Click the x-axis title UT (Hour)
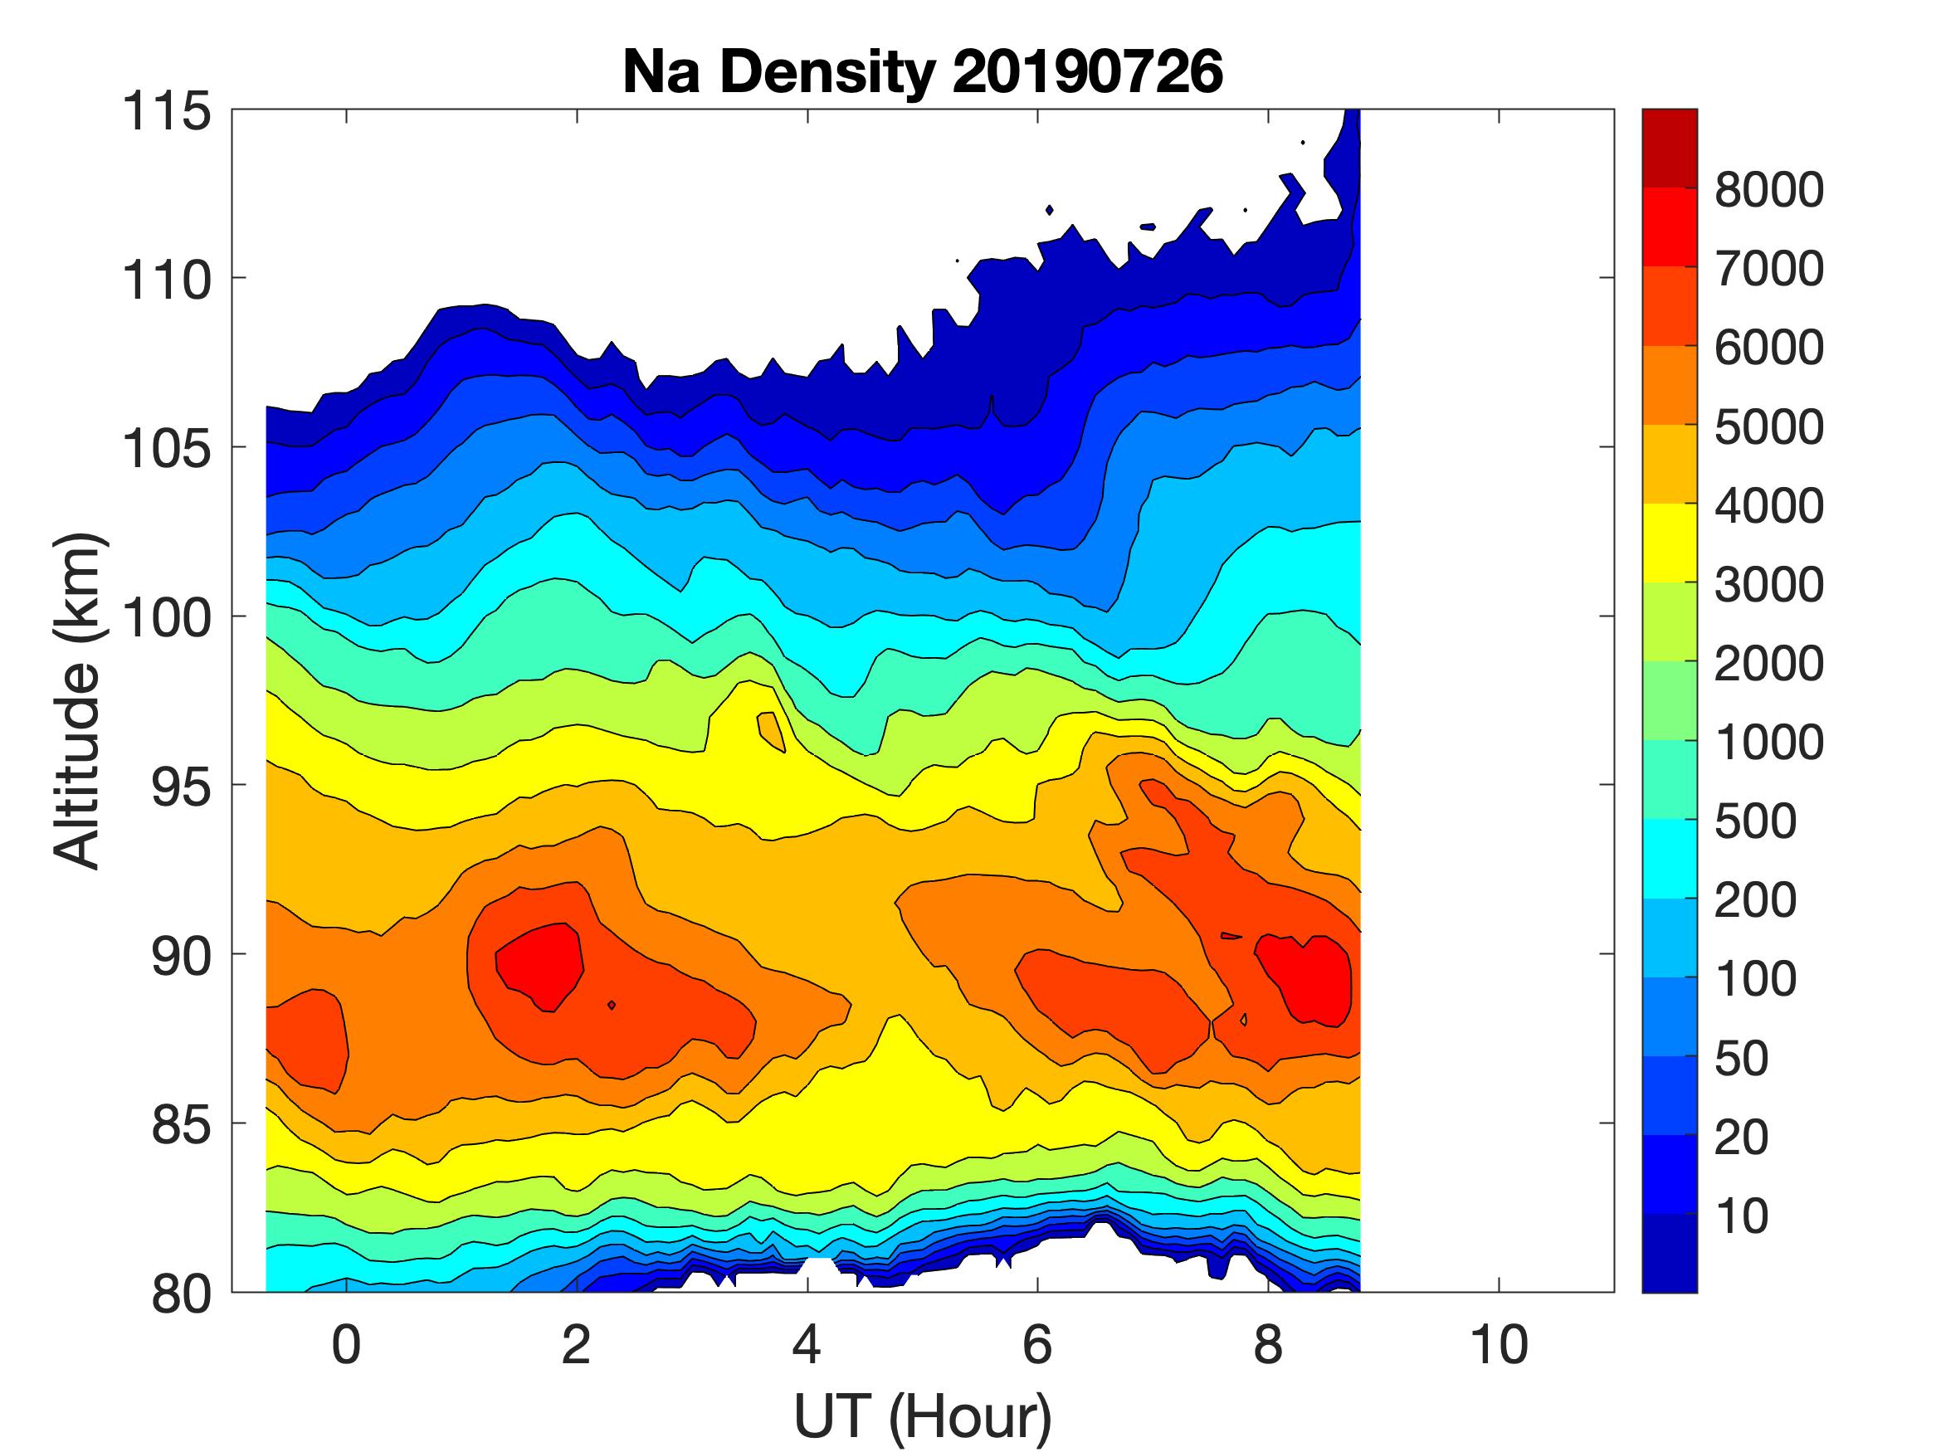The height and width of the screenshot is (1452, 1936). [922, 1416]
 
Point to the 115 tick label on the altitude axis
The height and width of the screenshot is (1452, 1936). [167, 112]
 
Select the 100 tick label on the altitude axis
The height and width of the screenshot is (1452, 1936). [167, 618]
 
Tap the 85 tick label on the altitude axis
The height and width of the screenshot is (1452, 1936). [181, 1123]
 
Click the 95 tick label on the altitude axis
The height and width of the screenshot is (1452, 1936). [181, 787]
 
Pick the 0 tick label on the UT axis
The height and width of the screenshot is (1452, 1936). [346, 1345]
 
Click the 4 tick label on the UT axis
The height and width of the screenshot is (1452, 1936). [806, 1345]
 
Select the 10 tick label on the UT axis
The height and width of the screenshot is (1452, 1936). [1499, 1345]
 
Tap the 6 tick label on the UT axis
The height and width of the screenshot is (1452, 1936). [1037, 1345]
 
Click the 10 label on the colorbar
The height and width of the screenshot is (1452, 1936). [1742, 1216]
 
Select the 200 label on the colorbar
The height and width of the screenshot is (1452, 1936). [1755, 899]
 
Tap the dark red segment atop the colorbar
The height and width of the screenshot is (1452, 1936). [1669, 148]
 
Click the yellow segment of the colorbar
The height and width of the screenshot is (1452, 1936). [1669, 543]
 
